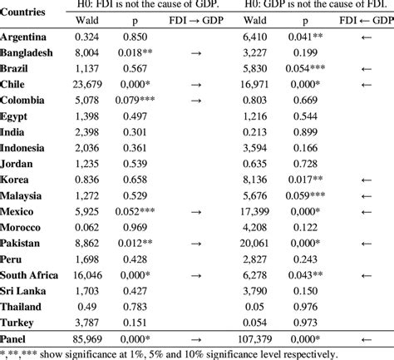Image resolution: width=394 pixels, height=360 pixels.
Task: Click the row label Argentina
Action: pos(23,37)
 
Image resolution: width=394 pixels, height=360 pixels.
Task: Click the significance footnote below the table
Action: pos(137,353)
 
